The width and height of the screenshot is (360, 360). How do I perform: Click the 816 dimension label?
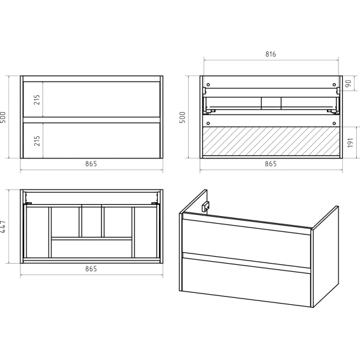pyautogui.click(x=271, y=54)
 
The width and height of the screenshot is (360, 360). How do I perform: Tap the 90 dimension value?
pyautogui.click(x=349, y=83)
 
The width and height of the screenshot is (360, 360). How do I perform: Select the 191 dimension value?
pyautogui.click(x=350, y=143)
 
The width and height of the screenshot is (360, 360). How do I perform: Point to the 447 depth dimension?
pyautogui.click(x=3, y=227)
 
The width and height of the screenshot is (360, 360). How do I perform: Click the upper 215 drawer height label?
pyautogui.click(x=37, y=100)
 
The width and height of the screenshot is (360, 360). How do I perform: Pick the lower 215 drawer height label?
pyautogui.click(x=37, y=141)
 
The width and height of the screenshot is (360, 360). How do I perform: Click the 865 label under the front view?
pyautogui.click(x=91, y=164)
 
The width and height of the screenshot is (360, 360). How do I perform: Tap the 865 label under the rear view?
pyautogui.click(x=271, y=164)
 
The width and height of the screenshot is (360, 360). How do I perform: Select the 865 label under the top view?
pyautogui.click(x=91, y=269)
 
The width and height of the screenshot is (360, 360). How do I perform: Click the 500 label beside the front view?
pyautogui.click(x=3, y=117)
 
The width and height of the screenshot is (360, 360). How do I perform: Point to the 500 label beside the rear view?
pyautogui.click(x=183, y=117)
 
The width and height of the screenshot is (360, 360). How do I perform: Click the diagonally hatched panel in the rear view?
pyautogui.click(x=271, y=141)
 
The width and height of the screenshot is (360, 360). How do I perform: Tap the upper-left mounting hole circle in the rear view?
pyautogui.click(x=208, y=85)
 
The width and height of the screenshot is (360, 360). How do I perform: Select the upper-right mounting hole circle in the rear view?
pyautogui.click(x=334, y=85)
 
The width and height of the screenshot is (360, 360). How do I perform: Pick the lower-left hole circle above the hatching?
pyautogui.click(x=208, y=124)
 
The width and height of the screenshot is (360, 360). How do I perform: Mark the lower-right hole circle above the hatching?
pyautogui.click(x=334, y=124)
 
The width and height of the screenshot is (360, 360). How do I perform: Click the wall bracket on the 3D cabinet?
pyautogui.click(x=205, y=207)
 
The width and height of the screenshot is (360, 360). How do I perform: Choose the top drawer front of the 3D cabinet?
pyautogui.click(x=247, y=243)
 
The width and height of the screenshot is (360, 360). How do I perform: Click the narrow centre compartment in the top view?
pyautogui.click(x=92, y=222)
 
